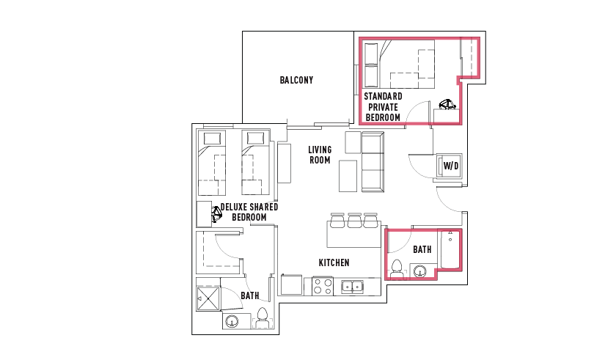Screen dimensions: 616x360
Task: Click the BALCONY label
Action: coord(296,80)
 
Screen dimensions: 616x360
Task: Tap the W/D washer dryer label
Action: coord(451,166)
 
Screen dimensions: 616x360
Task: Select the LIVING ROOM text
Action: coord(320,155)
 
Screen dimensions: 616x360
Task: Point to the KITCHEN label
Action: coord(334,262)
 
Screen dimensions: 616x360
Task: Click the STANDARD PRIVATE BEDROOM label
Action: coord(383,107)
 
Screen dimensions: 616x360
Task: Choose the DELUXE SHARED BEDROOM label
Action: coord(249,212)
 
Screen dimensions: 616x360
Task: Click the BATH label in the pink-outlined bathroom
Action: coord(422,249)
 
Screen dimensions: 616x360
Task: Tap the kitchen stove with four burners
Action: coord(323,286)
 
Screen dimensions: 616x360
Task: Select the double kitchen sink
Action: coord(352,287)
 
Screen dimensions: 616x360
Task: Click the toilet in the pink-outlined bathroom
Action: coord(397,269)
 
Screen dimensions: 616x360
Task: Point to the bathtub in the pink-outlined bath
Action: coord(450,249)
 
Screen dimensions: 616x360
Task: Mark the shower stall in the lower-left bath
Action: coord(208,298)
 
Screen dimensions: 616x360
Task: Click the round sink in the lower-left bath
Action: coord(232,322)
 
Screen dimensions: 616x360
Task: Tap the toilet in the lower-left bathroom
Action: coord(262,318)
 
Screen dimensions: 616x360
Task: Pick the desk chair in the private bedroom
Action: coord(447,104)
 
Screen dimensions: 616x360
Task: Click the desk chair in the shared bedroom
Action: coord(216,214)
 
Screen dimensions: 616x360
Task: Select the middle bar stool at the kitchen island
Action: coord(354,220)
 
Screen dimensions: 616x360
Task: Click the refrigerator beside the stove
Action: coord(292,285)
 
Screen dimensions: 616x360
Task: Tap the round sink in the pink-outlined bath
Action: coord(420,271)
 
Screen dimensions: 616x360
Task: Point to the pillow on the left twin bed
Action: coord(212,138)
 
